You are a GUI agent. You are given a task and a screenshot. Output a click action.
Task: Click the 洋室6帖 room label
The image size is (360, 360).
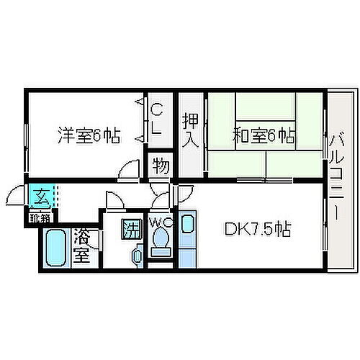click(x=89, y=135)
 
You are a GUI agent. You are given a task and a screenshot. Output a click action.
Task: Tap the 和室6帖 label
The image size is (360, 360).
click(x=264, y=134)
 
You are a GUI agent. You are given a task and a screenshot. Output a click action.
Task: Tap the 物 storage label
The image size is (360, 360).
click(x=161, y=167)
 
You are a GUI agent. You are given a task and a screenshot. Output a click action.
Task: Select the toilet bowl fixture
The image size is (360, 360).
click(x=160, y=242)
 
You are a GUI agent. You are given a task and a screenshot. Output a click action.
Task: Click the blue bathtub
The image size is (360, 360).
click(x=55, y=249)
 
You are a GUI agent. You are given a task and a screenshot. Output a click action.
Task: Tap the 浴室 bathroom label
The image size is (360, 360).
click(x=84, y=246)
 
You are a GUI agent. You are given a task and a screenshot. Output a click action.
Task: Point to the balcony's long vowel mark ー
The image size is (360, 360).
click(x=335, y=212)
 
